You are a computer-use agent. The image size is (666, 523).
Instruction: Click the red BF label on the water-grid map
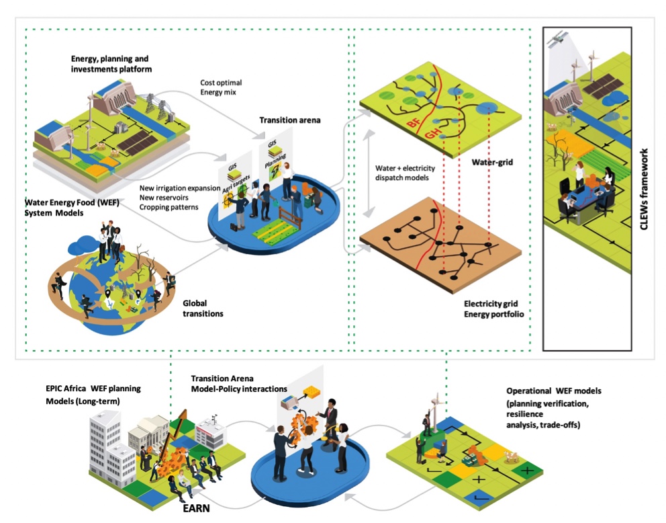point(414,123)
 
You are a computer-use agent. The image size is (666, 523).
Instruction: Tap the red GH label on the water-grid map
point(433,134)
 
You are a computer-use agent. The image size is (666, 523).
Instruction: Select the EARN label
point(196,508)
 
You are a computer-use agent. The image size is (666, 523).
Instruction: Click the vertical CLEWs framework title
point(644,189)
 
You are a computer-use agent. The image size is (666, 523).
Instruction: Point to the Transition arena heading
point(290,120)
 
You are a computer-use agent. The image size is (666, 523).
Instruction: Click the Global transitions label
point(203,309)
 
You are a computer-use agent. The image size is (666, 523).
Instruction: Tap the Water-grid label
point(492,162)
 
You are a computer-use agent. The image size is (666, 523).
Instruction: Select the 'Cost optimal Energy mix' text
point(221,87)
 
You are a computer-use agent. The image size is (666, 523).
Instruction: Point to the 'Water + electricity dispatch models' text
point(406,173)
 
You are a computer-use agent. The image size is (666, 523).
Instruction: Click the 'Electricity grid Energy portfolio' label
point(494,309)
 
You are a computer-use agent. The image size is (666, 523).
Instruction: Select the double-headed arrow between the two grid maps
point(369,173)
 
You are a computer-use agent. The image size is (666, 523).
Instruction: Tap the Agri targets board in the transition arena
point(235,187)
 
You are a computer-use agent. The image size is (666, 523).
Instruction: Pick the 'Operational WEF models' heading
point(554,391)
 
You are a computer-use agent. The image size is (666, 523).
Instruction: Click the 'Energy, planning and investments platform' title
point(111,64)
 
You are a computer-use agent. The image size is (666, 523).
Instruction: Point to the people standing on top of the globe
point(109,241)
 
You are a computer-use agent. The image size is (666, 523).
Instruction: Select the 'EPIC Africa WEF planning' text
point(93,388)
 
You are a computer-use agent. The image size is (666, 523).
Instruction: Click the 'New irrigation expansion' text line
point(180,188)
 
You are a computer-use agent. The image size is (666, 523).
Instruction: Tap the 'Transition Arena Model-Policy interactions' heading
point(239,384)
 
